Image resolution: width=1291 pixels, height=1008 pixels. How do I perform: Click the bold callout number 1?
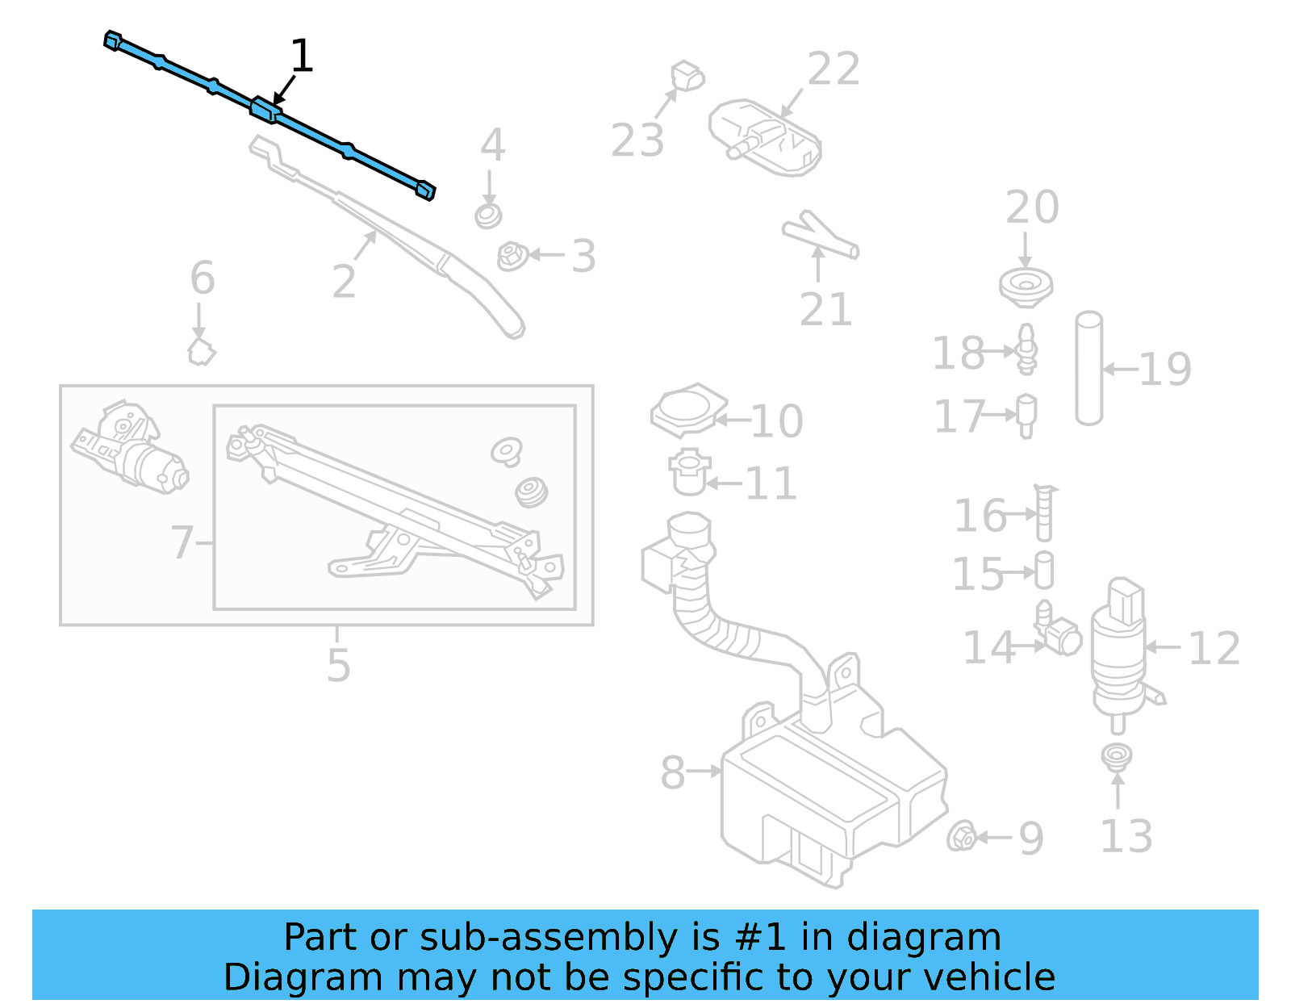pyautogui.click(x=301, y=56)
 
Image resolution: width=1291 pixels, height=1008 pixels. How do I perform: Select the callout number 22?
pyautogui.click(x=834, y=69)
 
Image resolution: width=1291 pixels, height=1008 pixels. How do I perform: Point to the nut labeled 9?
pyautogui.click(x=962, y=837)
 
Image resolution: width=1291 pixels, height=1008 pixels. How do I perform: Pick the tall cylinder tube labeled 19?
pyautogui.click(x=1088, y=368)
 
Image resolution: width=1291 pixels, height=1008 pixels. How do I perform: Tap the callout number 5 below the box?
pyautogui.click(x=338, y=665)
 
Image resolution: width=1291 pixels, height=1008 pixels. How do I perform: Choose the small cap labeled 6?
pyautogui.click(x=202, y=352)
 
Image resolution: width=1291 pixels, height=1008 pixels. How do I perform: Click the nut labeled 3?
pyautogui.click(x=512, y=257)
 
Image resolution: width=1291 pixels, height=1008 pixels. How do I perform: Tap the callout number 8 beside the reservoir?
pyautogui.click(x=672, y=772)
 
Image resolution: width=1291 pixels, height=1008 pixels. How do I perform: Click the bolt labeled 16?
pyautogui.click(x=1043, y=512)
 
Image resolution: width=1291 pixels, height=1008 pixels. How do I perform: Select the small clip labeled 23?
pyautogui.click(x=687, y=77)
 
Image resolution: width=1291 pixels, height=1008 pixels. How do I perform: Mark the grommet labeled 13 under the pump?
pyautogui.click(x=1117, y=756)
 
